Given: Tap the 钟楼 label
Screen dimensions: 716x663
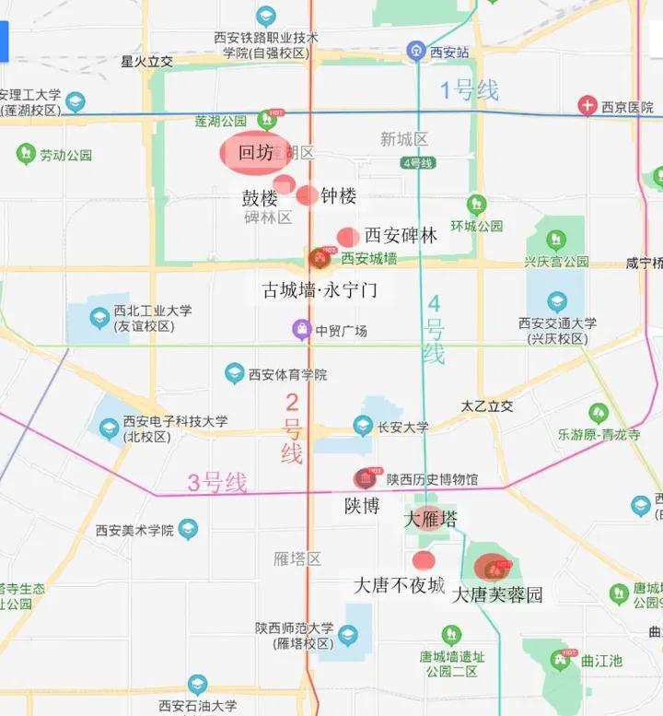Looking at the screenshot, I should coord(339,196).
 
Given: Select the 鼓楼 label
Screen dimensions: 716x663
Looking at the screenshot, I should coord(260,198).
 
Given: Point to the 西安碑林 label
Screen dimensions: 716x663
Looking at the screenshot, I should coord(401,235).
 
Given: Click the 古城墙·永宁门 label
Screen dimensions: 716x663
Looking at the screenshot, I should coord(320,290).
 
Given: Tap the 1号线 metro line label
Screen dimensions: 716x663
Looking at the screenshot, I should coord(469,90).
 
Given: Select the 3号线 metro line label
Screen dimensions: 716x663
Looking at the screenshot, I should coord(217,482).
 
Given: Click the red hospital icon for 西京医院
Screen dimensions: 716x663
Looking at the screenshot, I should coord(587,106).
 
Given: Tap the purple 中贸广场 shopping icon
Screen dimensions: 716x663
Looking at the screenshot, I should coord(301,329).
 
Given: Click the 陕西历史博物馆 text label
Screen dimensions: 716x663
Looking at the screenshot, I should coord(432,479).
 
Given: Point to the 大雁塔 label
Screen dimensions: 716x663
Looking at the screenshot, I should coord(430,519).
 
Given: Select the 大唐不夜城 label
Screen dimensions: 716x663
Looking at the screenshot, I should coord(400,585).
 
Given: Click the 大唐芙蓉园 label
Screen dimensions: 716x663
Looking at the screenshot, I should coord(497,595).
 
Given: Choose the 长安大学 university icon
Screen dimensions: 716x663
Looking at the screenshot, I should coord(364,426).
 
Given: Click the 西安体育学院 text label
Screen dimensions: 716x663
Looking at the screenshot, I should coord(288,374).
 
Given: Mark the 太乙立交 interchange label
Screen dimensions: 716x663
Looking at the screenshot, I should coord(487,406).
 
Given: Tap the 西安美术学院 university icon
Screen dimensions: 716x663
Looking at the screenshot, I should coord(188,530).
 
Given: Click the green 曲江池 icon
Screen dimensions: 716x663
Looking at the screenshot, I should coord(561,660).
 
